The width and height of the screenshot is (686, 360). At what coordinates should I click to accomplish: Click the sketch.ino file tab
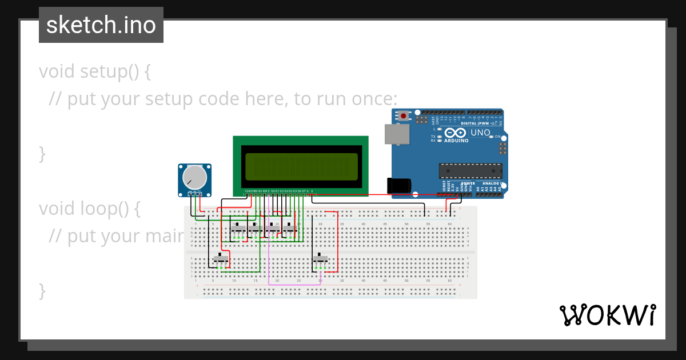click(101, 25)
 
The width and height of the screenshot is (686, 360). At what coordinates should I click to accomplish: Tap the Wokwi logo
click(607, 315)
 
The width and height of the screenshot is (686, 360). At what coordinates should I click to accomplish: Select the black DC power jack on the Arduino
click(398, 186)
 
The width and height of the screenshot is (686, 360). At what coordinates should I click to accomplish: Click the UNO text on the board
click(480, 133)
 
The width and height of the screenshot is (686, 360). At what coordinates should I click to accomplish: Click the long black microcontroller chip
click(470, 171)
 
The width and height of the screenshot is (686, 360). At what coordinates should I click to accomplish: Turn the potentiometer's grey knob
click(194, 178)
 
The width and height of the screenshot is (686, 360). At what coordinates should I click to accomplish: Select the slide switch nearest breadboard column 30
click(321, 261)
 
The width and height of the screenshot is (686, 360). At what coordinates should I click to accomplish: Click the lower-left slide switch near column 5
click(221, 259)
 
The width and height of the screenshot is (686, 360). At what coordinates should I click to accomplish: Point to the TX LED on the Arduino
click(434, 137)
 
